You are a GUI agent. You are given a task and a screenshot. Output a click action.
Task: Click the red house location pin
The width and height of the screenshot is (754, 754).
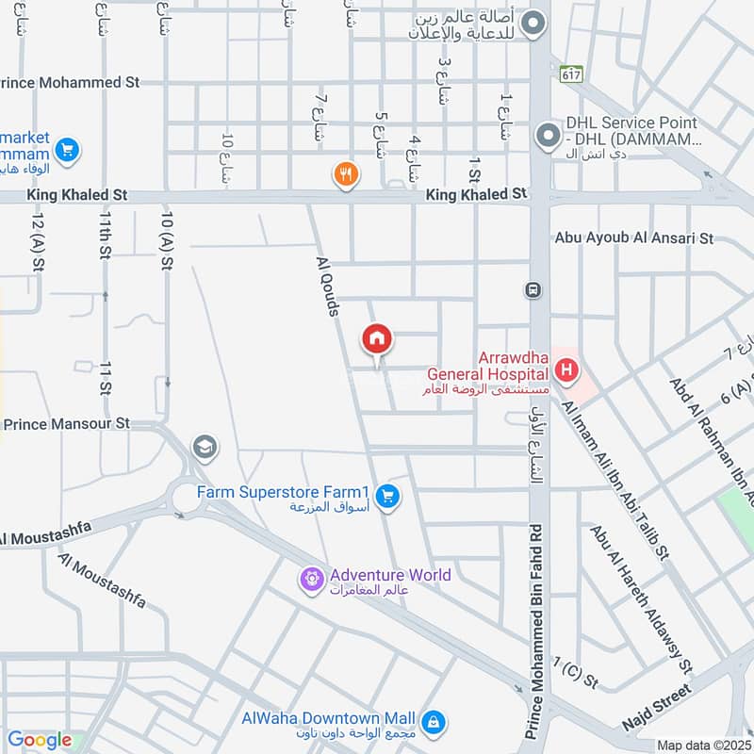click(377, 340)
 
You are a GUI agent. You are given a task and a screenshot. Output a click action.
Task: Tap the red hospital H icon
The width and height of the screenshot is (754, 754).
click(565, 369)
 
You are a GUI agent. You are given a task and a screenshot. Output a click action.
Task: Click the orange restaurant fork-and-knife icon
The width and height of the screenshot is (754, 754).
click(346, 173)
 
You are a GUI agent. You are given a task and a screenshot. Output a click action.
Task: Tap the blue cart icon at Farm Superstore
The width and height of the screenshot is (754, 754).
click(386, 495)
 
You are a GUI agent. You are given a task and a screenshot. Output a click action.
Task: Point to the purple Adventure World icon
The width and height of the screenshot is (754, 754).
click(311, 579)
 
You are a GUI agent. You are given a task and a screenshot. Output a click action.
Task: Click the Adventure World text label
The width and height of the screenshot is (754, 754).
click(389, 575)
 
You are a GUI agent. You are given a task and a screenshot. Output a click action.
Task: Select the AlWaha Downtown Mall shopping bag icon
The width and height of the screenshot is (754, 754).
click(433, 722)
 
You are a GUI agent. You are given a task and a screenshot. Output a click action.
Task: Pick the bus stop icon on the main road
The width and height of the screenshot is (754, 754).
click(533, 289)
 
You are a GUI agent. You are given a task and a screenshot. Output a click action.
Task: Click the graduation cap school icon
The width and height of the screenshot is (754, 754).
click(203, 447)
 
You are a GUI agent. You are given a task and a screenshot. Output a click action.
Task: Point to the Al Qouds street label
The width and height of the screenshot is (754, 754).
click(327, 282)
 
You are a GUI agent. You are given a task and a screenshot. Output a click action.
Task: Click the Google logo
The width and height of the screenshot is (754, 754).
click(40, 741)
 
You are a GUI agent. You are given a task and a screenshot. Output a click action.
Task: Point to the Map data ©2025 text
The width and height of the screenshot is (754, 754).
click(703, 746)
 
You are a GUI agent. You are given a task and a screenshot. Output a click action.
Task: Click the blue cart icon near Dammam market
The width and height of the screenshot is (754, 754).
click(66, 149)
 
